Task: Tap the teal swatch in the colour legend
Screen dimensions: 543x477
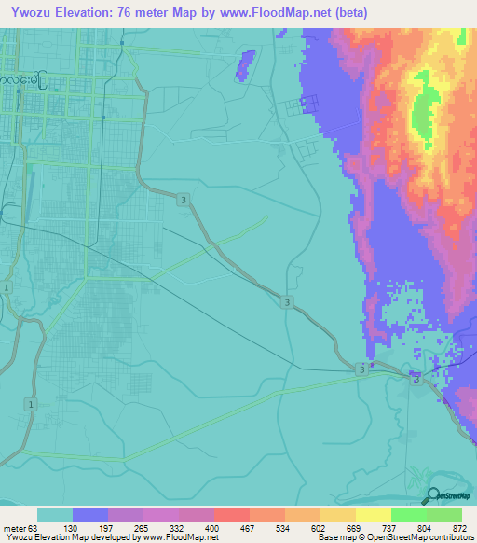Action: coord(55,514)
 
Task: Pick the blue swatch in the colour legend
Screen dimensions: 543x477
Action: coord(90,514)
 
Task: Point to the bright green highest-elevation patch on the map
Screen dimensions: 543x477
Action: coord(424,117)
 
